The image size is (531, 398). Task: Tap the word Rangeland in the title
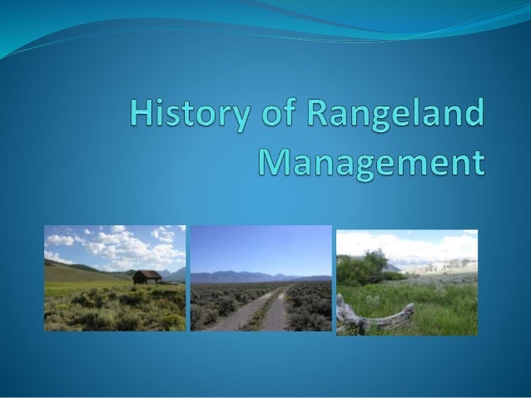point(402,115)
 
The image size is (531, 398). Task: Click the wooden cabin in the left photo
point(147,278)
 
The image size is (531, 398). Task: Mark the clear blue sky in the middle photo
point(261,245)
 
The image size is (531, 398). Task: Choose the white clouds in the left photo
point(125,246)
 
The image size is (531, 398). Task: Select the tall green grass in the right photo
point(441,303)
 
